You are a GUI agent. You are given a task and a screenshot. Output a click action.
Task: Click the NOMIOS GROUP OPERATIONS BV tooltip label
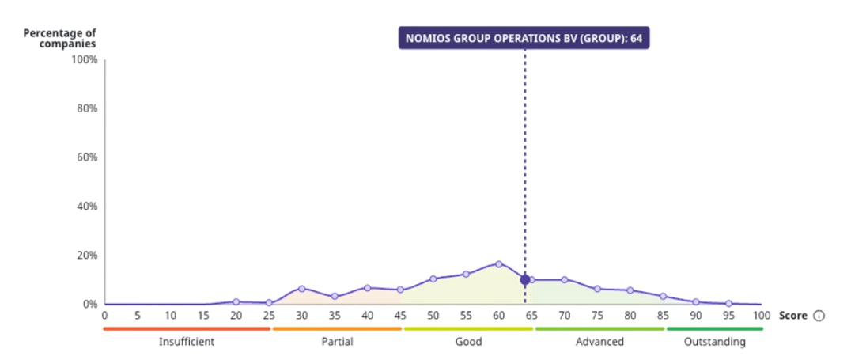click(523, 38)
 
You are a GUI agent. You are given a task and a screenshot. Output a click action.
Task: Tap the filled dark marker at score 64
click(524, 279)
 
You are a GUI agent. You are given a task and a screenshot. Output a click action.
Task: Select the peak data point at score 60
click(498, 263)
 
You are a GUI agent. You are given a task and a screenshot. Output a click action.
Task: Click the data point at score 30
click(301, 289)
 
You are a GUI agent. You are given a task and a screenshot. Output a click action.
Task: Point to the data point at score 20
click(236, 301)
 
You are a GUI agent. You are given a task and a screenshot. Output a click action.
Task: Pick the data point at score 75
click(597, 289)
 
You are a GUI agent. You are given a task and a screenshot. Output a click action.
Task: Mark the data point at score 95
click(728, 303)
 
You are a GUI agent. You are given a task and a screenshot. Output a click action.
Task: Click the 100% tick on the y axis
click(85, 60)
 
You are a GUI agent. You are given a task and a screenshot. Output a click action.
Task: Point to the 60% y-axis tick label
click(86, 157)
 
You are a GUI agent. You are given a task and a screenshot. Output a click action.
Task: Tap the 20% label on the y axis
click(86, 256)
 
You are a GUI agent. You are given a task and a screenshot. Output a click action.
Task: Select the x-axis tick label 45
click(400, 316)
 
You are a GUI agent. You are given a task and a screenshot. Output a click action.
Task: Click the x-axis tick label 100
click(760, 316)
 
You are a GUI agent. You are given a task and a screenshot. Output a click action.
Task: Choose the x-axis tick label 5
click(138, 316)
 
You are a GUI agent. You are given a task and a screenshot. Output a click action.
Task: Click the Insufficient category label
click(187, 342)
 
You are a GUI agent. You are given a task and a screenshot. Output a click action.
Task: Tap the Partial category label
click(338, 342)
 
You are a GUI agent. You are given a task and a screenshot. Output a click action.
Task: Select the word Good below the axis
click(469, 342)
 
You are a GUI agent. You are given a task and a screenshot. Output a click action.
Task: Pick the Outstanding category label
click(715, 342)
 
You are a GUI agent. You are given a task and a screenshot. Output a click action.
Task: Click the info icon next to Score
click(819, 316)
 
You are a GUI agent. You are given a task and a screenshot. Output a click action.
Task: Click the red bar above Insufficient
click(187, 328)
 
